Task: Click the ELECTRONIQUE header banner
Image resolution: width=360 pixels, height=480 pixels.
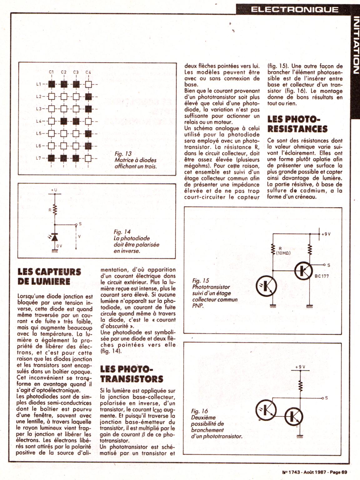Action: tap(295, 9)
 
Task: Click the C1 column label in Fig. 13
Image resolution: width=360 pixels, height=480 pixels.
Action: tap(52, 72)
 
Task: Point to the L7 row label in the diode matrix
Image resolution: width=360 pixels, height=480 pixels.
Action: tap(39, 158)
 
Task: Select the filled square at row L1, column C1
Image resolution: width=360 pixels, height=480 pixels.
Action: tap(52, 84)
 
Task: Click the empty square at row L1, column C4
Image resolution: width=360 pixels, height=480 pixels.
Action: tap(88, 84)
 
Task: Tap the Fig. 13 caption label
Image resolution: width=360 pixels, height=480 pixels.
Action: tap(123, 154)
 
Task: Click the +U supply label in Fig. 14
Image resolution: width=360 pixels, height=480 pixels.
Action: tap(54, 190)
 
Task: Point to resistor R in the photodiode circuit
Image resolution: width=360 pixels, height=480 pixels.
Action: tap(55, 210)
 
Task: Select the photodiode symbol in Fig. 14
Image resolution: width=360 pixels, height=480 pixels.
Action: tap(55, 238)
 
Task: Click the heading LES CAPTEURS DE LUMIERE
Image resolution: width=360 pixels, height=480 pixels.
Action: tap(49, 277)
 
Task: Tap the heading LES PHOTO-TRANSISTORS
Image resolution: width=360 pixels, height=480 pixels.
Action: tap(132, 374)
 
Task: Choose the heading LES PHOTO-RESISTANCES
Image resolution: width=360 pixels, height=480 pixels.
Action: tap(297, 124)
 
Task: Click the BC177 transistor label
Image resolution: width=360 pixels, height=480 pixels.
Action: tap(321, 276)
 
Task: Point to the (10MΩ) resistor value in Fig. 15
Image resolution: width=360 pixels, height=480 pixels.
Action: tap(283, 253)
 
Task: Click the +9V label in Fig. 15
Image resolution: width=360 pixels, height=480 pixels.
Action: tap(326, 234)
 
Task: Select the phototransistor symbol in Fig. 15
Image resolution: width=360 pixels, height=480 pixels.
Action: tap(266, 286)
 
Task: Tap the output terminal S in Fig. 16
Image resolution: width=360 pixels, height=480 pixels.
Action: tap(326, 398)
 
